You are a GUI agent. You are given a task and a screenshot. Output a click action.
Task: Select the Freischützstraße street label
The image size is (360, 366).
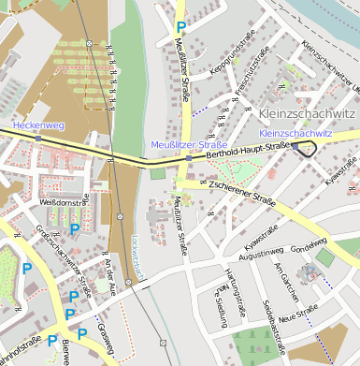[x=263, y=83]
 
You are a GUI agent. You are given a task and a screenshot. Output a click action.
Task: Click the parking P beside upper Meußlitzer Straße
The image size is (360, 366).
[x=181, y=29]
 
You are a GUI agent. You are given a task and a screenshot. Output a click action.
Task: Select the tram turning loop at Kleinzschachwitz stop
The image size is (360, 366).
[x=305, y=148]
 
